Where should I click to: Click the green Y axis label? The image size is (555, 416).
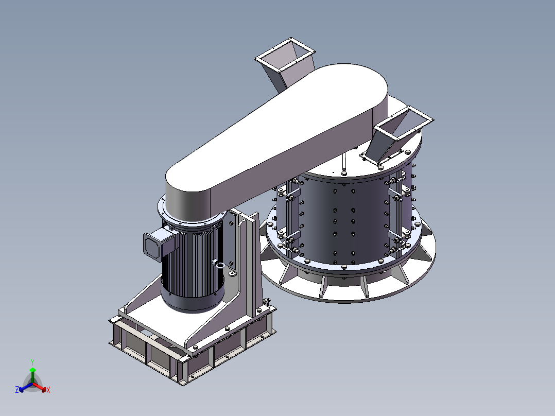point(32,362)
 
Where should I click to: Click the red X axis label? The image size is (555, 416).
point(48,390)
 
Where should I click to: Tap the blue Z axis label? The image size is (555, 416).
point(17,390)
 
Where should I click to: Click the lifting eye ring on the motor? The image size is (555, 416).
point(219,265)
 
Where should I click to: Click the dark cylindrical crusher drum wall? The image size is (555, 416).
point(343,219)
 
